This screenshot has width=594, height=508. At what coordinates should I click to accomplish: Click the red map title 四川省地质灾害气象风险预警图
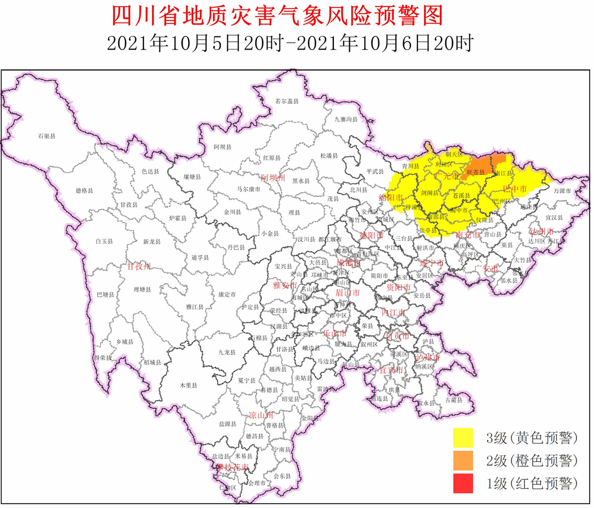coord(277,16)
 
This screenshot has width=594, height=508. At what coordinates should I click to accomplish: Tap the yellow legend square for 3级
coord(463,438)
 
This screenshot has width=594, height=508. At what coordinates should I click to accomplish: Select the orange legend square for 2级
coord(463,461)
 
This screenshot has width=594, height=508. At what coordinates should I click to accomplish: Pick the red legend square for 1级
coord(463,484)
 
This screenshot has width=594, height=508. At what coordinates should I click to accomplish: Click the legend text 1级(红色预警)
coord(532,484)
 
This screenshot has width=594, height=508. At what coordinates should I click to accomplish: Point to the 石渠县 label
coord(47,135)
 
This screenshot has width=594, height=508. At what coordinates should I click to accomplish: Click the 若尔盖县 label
coord(287,101)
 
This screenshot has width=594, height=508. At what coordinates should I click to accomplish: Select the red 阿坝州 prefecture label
coord(273,178)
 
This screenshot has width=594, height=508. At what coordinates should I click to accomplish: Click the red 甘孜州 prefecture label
coord(139,267)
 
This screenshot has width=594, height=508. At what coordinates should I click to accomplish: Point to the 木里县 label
coord(188,385)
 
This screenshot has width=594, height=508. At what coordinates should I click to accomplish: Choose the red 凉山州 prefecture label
coord(261,415)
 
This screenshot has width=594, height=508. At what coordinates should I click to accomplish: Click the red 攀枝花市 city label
coord(232,467)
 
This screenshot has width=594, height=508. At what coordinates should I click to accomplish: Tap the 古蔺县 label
coord(453,400)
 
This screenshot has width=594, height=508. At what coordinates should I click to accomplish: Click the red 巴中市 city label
coord(515,189)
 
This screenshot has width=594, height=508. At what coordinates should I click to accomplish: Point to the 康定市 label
coord(227,294)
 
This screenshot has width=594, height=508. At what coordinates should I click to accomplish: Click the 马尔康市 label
coord(249,189)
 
